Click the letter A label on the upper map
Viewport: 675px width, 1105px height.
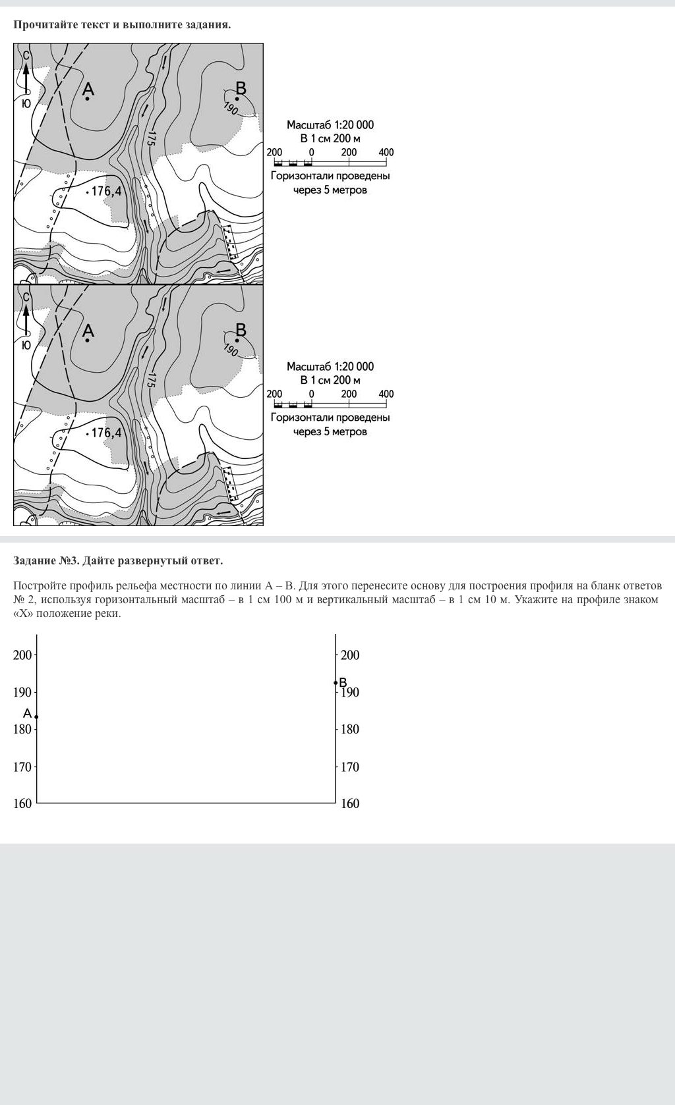pyautogui.click(x=88, y=89)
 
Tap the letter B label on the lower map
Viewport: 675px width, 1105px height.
pyautogui.click(x=241, y=329)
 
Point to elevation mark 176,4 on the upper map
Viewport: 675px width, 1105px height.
pyautogui.click(x=106, y=192)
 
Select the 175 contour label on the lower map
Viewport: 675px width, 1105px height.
pyautogui.click(x=151, y=380)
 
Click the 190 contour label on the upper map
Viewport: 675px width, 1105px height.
pyautogui.click(x=231, y=109)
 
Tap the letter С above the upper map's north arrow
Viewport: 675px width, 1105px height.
pyautogui.click(x=26, y=56)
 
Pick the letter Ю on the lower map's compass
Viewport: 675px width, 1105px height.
pyautogui.click(x=26, y=345)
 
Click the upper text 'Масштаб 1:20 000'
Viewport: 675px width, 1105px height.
pyautogui.click(x=330, y=125)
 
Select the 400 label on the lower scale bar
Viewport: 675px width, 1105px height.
pyautogui.click(x=386, y=394)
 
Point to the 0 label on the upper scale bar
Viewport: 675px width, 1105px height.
pyautogui.click(x=311, y=152)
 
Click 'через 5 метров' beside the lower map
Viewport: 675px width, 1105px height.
pyautogui.click(x=330, y=432)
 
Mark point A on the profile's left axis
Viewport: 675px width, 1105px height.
pyautogui.click(x=36, y=716)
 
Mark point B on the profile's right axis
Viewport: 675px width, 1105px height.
pyautogui.click(x=336, y=683)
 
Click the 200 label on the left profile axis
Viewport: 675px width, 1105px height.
pyautogui.click(x=22, y=655)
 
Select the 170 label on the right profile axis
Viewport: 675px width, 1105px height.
pyautogui.click(x=350, y=767)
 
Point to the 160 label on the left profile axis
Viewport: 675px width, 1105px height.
pyautogui.click(x=22, y=803)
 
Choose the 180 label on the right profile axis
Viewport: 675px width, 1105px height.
pyautogui.click(x=350, y=729)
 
